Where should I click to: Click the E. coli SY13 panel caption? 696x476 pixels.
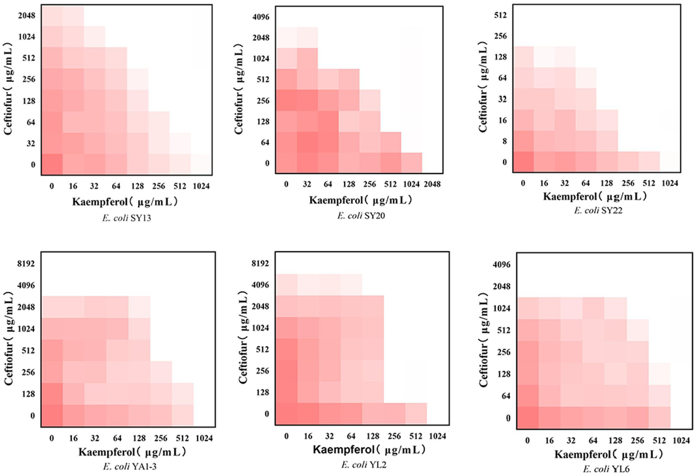[127, 218]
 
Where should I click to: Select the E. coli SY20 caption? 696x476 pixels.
[361, 216]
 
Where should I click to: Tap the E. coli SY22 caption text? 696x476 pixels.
[598, 210]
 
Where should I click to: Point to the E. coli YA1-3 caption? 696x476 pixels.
[130, 466]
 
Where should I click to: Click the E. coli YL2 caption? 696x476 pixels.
[364, 465]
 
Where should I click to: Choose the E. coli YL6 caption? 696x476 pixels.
[606, 469]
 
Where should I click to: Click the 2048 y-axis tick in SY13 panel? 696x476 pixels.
[27, 15]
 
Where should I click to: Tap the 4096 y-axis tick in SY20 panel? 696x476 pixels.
[261, 17]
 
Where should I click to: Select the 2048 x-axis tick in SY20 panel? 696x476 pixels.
[432, 184]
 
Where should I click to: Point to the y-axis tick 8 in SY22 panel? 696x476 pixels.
[504, 141]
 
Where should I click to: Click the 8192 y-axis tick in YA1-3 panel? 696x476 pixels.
[26, 263]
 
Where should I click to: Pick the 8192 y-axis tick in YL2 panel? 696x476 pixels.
[260, 263]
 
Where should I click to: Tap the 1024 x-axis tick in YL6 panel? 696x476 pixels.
[681, 440]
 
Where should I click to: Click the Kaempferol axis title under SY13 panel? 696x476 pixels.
[125, 202]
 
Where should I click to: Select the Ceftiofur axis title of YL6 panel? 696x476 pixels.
[484, 340]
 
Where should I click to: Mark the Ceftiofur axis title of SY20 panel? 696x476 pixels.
[239, 89]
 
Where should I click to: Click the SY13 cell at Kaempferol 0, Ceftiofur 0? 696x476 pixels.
[52, 164]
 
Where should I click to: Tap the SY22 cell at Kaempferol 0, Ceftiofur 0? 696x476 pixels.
[523, 162]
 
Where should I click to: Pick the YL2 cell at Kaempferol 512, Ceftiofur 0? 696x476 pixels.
[416, 413]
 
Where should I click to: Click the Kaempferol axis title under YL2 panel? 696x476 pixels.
[369, 450]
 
